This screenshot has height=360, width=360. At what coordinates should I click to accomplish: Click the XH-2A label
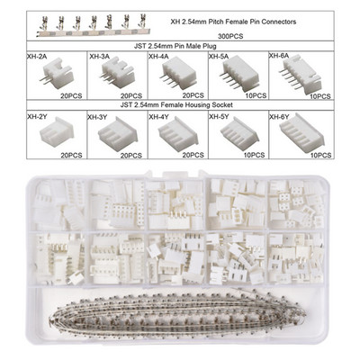click(x=37, y=57)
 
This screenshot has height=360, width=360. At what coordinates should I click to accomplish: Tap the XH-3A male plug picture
click(x=117, y=73)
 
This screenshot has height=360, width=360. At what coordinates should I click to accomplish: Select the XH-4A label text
click(x=158, y=57)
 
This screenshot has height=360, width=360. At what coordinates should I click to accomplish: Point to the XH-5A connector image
click(x=239, y=74)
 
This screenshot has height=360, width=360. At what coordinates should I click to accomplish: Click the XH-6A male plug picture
click(x=300, y=73)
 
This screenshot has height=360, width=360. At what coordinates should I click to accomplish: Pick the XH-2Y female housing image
click(x=57, y=132)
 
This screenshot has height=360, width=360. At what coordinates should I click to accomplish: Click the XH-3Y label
click(x=97, y=117)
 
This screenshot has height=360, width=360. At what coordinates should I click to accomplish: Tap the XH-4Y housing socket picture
click(x=178, y=133)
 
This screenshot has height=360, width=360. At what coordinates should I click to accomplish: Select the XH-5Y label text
click(x=219, y=116)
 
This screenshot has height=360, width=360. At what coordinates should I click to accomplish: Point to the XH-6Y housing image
click(x=301, y=132)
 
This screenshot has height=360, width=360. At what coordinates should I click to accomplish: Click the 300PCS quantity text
click(x=231, y=36)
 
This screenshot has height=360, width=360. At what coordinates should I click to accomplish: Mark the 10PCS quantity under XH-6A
click(x=320, y=96)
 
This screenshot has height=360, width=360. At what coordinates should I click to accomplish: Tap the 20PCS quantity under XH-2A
click(x=71, y=96)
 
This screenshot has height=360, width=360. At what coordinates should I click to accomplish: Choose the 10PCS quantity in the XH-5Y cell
click(x=255, y=155)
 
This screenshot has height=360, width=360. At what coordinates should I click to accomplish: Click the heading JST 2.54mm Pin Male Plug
click(x=175, y=46)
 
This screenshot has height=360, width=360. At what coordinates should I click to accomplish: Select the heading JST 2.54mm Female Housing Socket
click(x=176, y=105)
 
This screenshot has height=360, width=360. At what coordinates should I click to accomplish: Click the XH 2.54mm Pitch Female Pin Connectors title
click(x=233, y=22)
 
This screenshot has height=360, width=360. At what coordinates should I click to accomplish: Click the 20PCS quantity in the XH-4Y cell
click(x=193, y=155)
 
